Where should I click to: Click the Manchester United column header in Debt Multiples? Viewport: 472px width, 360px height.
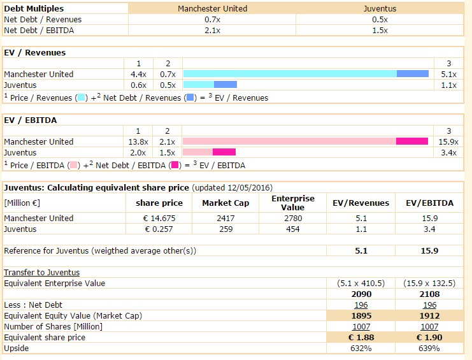coord(212,9)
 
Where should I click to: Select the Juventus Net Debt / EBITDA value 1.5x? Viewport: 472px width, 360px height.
coord(380,31)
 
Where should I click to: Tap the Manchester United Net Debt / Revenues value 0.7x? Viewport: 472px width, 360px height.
coord(212,20)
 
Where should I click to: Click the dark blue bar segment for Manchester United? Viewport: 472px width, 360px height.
coord(412,74)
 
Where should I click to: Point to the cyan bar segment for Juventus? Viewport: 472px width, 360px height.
coord(198,85)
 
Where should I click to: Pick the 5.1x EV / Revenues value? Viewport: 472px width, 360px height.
coord(448,74)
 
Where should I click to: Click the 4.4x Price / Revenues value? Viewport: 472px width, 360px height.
coord(138,74)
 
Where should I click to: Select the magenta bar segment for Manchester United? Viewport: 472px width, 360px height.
coord(411,141)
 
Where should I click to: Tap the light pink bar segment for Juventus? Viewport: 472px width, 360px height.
coord(197,152)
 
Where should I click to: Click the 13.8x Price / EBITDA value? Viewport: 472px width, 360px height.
coord(138,141)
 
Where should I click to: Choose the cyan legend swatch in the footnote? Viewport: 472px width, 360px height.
coord(81,98)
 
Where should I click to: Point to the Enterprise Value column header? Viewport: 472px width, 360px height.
coord(294,203)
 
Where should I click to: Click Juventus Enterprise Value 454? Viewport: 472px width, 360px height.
coord(294,229)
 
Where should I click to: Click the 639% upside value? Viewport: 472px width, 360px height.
coord(427,349)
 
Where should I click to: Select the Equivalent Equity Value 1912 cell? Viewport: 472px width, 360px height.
coord(427,316)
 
